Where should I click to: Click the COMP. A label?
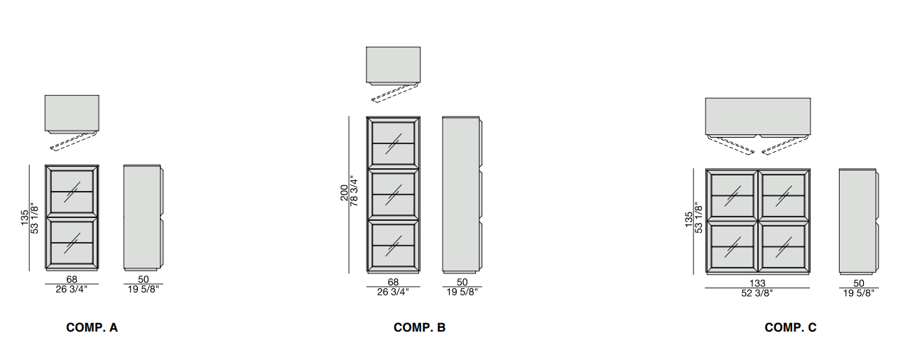(x=92, y=327)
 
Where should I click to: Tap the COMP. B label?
(x=419, y=327)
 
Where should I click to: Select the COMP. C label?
(x=790, y=327)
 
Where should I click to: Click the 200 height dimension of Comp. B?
(x=345, y=193)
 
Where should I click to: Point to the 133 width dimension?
(x=757, y=283)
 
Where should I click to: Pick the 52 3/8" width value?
(x=757, y=293)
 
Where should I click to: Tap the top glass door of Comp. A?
(x=72, y=191)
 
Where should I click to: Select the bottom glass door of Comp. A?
(x=72, y=242)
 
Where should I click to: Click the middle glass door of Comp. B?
(x=393, y=193)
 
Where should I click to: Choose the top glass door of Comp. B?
(x=393, y=142)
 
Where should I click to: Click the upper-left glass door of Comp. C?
(x=732, y=195)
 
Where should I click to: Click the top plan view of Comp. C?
(x=757, y=115)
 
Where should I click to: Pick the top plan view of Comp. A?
(x=72, y=112)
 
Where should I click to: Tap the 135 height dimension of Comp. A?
(x=24, y=217)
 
